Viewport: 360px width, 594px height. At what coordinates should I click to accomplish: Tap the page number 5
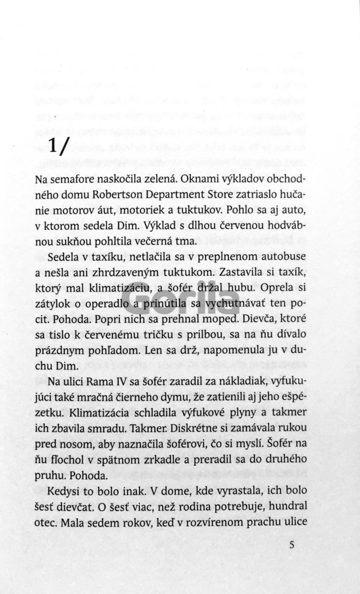tap(292, 545)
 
